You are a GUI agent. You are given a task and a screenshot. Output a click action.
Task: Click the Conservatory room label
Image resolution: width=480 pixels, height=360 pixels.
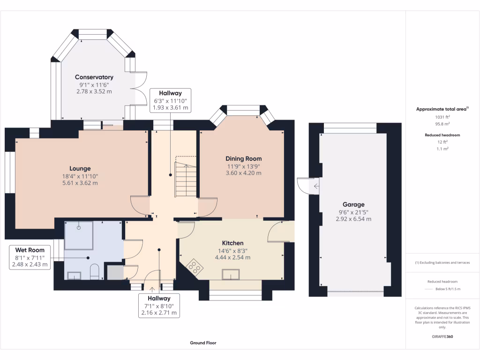click(94, 77)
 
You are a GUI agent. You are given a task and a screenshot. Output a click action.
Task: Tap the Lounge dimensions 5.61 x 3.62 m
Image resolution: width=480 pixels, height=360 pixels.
click(80, 183)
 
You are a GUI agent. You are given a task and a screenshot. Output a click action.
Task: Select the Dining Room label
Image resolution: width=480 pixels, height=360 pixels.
click(244, 158)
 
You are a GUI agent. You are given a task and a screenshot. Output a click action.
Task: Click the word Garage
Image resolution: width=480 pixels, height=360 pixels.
click(353, 204)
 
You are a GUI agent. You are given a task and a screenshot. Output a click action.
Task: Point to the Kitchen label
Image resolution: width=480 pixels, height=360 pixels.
click(232, 243)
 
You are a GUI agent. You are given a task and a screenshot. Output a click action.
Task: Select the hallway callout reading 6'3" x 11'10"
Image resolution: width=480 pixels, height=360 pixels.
click(170, 100)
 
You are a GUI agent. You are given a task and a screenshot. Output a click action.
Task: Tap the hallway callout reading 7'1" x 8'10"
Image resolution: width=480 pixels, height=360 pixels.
click(159, 305)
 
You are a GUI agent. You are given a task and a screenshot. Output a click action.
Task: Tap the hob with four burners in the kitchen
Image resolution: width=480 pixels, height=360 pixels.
click(195, 268)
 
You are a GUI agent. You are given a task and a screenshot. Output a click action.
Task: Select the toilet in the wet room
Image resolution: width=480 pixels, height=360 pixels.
click(95, 272)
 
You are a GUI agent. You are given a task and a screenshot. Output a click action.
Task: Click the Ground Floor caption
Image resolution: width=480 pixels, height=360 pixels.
click(203, 343)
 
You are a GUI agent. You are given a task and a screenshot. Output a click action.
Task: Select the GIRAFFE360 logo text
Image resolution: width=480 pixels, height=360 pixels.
click(442, 337)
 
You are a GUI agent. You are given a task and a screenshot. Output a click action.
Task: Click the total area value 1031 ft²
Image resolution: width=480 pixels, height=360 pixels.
click(442, 117)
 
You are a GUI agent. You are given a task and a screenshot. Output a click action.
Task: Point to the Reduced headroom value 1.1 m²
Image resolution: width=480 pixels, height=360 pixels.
click(442, 148)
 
